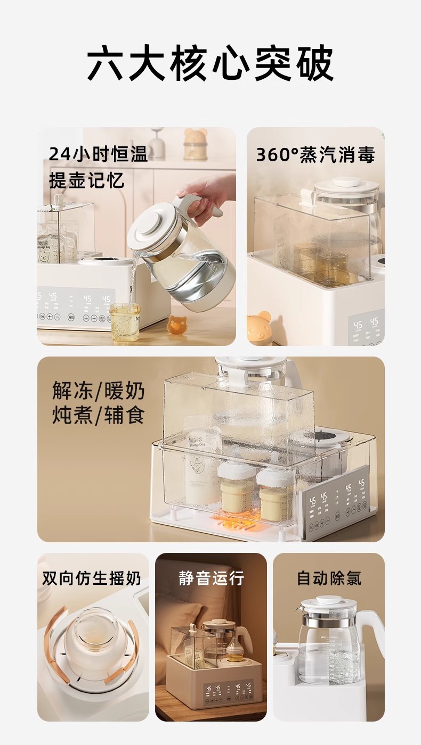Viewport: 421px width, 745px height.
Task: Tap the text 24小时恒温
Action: (98, 154)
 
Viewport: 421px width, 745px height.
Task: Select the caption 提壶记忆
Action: (86, 180)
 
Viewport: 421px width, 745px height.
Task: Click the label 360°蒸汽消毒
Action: (315, 154)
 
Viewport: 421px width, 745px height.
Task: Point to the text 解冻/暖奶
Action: (99, 390)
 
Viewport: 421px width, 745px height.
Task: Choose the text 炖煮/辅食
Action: (99, 416)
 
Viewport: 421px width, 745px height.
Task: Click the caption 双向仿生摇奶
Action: (91, 578)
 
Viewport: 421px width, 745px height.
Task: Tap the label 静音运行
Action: (211, 578)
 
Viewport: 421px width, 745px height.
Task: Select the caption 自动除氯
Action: (329, 578)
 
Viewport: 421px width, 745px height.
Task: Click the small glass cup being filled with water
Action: (125, 321)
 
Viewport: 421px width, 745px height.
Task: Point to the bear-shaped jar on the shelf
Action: (196, 143)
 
